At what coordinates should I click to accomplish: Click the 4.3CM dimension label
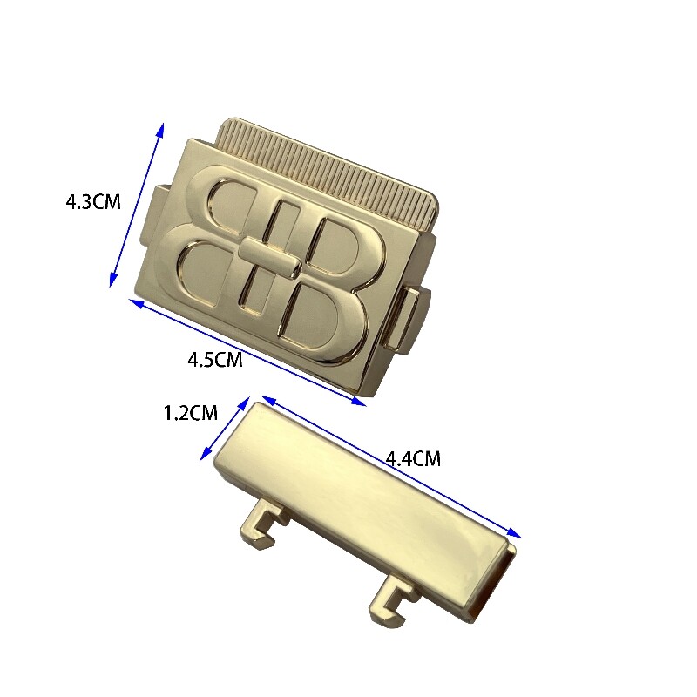coord(93,202)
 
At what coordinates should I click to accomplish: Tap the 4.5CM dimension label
coord(215,360)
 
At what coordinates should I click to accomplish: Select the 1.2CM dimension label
coord(191,413)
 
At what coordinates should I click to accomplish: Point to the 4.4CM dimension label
coord(413,459)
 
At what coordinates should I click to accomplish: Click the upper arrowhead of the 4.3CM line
coord(161,129)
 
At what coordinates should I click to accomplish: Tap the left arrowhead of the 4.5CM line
coord(136,302)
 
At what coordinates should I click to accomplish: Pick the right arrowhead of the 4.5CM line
coord(359,402)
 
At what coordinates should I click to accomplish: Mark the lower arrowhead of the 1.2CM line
coord(205,454)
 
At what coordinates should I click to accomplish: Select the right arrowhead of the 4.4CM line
coord(515,533)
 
